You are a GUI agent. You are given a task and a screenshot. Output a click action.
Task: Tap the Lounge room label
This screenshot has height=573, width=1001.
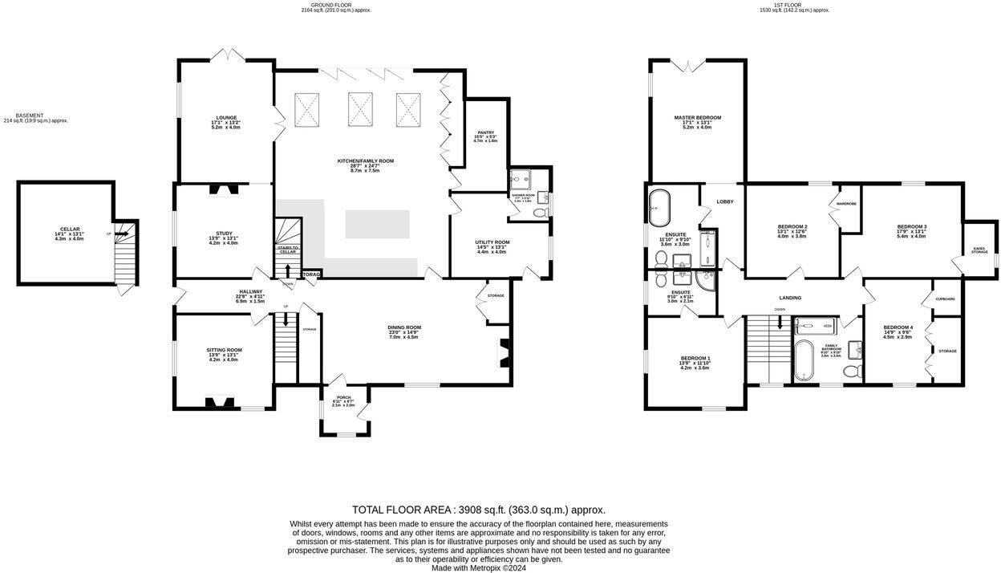click(x=226, y=118)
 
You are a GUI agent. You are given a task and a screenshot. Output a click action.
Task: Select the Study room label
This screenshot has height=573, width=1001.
click(x=224, y=233)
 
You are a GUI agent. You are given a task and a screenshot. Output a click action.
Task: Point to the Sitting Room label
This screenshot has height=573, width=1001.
click(x=225, y=350)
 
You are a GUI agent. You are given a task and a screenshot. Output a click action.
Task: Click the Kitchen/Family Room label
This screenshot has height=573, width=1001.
click(x=365, y=161)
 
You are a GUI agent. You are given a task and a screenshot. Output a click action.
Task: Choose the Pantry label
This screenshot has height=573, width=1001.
click(x=485, y=133)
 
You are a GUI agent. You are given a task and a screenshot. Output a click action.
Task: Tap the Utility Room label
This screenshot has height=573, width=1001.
click(x=492, y=242)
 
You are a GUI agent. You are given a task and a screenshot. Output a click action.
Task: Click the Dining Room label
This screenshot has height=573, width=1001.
click(x=404, y=327)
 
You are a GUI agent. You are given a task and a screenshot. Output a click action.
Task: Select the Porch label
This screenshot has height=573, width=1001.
click(x=343, y=397)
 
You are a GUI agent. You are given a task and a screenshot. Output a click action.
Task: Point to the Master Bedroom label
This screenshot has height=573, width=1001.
click(x=697, y=118)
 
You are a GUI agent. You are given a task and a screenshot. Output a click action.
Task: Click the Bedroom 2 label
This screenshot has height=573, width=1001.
click(x=792, y=227)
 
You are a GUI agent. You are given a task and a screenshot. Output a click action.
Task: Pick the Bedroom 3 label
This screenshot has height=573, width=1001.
click(x=911, y=227)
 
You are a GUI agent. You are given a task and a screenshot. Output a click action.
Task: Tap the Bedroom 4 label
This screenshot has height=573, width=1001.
click(x=898, y=327)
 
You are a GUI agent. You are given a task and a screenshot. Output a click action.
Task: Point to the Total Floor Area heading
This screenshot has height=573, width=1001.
click(x=479, y=510)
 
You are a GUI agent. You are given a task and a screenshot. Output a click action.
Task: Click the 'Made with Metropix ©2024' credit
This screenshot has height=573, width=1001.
click(x=479, y=567)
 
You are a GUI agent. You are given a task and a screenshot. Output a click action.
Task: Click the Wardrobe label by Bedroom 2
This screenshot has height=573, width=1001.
click(x=846, y=204)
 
